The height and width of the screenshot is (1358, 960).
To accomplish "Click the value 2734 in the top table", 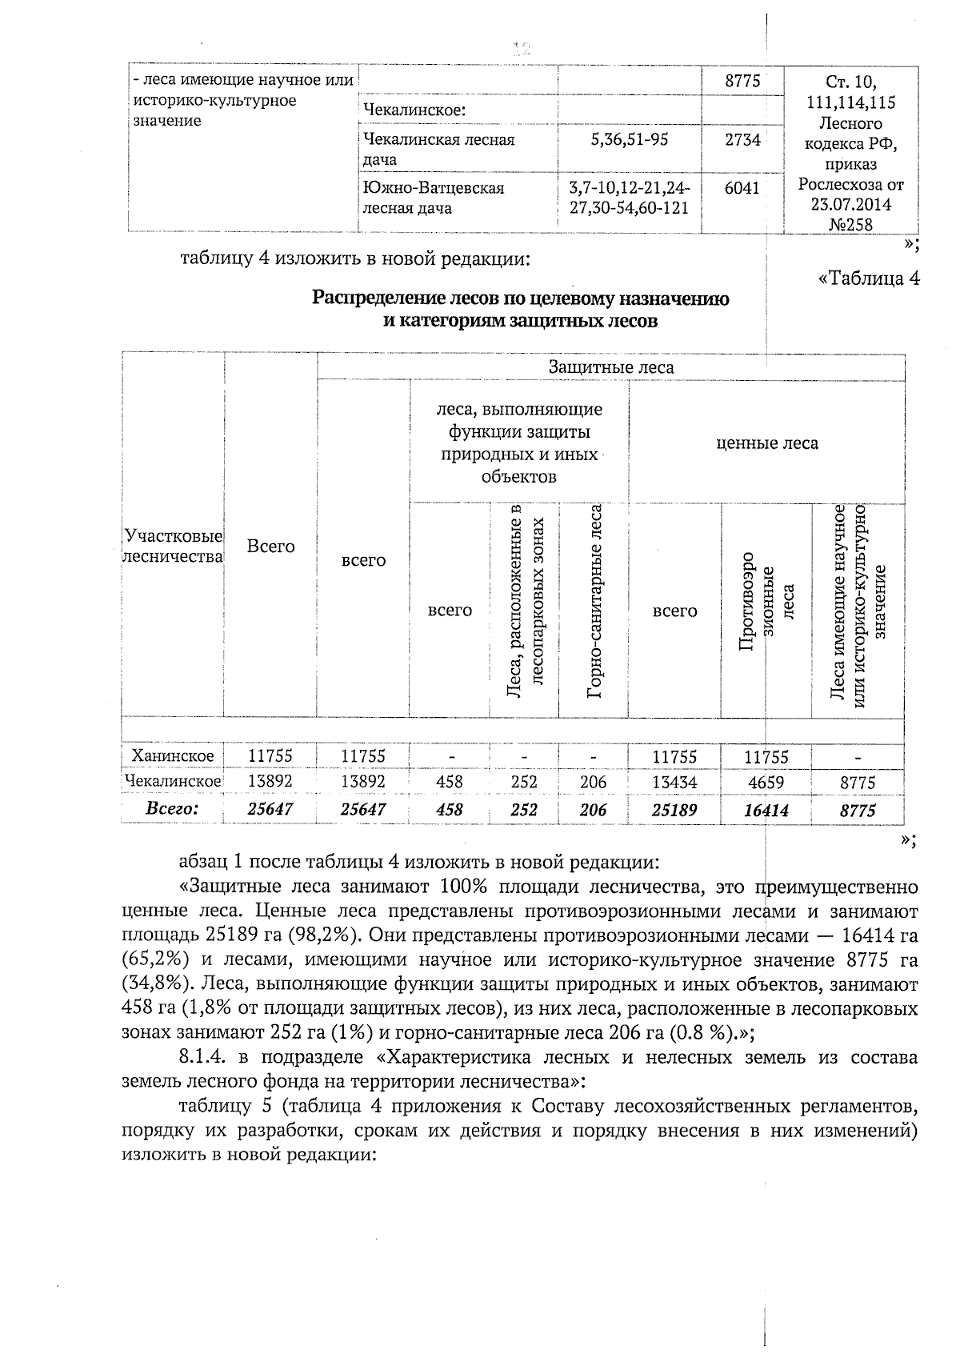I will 742,139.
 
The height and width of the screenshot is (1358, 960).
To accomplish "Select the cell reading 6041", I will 742,187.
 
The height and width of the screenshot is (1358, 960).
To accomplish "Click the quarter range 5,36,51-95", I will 630,139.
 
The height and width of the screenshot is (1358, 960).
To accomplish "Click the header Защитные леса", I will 610,367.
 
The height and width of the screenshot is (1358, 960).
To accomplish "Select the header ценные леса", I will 766,443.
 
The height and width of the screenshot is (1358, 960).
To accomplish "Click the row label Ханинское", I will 173,756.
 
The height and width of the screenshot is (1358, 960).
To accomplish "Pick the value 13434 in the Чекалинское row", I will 674,782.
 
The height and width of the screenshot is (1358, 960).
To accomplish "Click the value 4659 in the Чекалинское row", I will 766,782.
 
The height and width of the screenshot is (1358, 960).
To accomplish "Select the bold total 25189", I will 674,810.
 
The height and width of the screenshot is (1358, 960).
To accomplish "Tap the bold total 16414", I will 766,811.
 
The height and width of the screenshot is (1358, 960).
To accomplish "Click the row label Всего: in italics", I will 171,809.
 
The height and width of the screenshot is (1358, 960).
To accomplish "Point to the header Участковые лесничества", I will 172,547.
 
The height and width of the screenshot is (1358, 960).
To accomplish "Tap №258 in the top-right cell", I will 851,225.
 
